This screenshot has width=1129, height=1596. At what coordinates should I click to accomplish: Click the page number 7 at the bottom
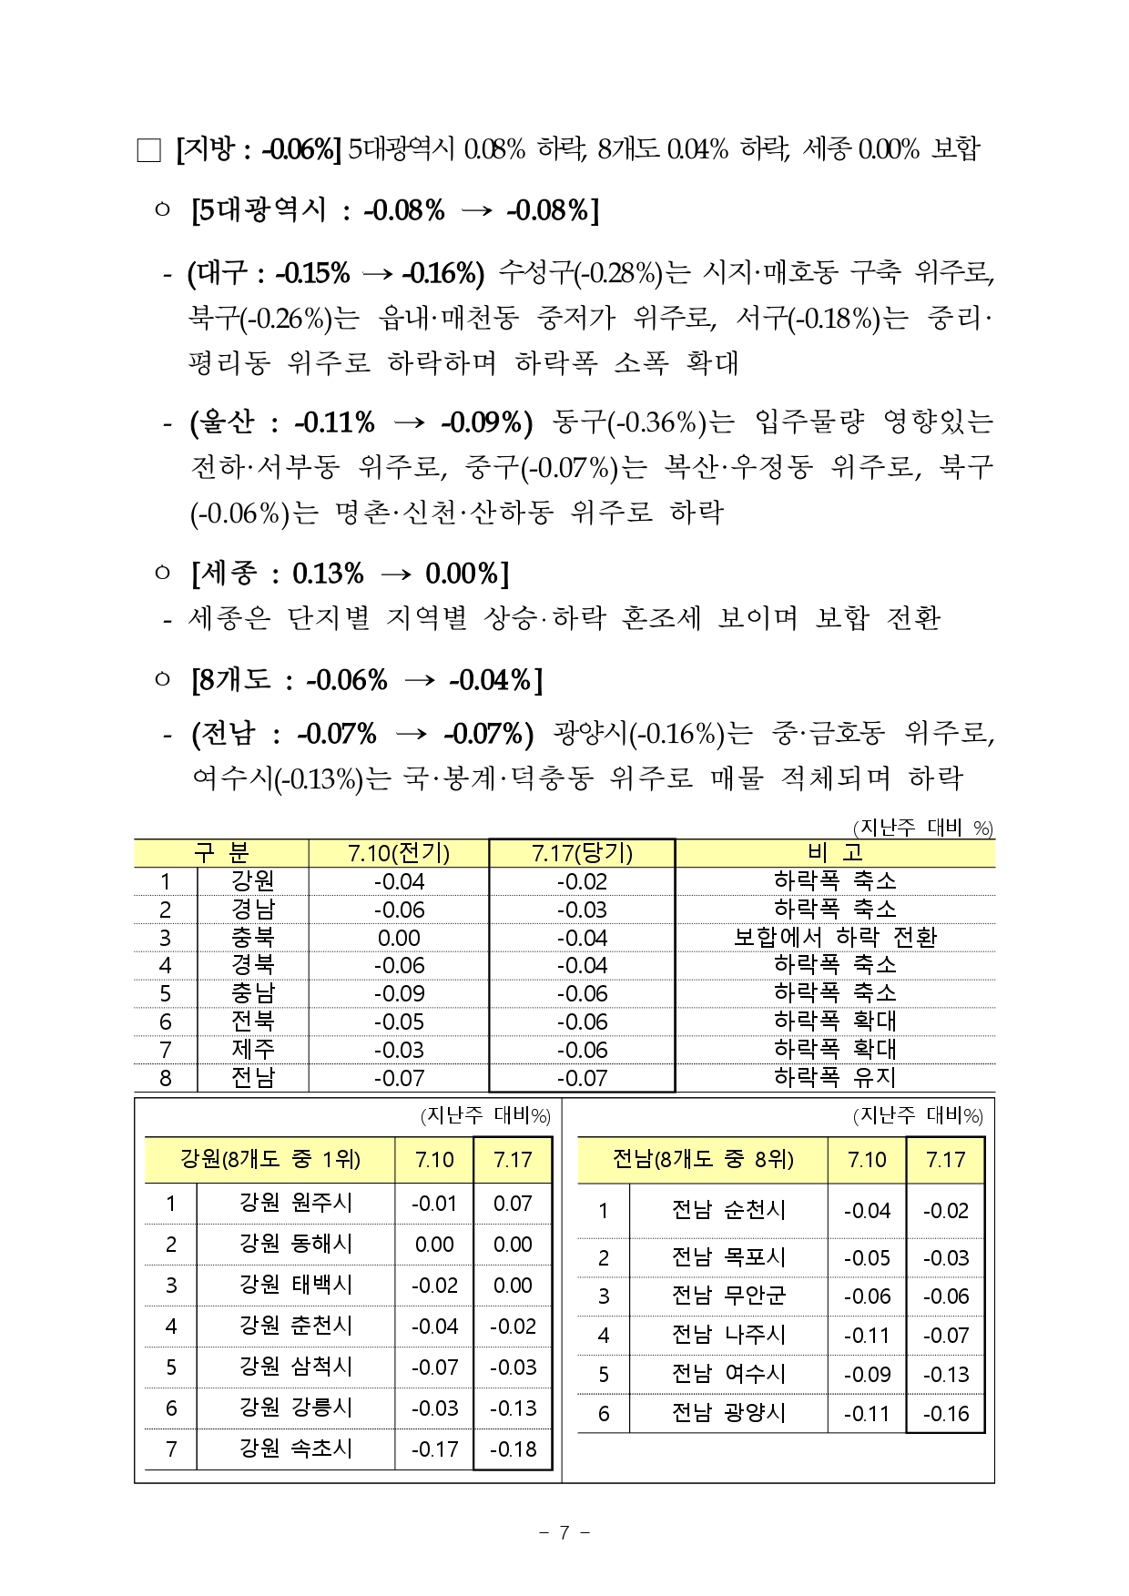564,1532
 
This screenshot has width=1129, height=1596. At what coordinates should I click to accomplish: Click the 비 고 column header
834,853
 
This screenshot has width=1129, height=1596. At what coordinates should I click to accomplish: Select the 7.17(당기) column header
582,853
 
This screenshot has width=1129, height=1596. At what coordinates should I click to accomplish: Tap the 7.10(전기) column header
399,853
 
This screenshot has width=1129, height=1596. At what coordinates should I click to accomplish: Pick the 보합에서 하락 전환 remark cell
834,937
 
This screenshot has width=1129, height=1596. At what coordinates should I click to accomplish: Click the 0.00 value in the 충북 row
399,938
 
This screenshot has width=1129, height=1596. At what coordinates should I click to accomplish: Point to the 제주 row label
252,1050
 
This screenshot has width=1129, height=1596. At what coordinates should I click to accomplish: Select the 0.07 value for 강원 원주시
513,1204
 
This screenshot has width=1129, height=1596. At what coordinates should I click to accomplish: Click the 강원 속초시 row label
295,1449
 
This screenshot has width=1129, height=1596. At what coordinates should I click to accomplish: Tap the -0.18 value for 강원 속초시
513,1449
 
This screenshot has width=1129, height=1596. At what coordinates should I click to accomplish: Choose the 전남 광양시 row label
727,1413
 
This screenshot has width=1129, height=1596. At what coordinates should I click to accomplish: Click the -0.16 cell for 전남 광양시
945,1414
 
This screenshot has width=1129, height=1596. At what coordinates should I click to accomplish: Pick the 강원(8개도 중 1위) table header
270,1159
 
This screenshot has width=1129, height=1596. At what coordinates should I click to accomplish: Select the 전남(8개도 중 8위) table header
702,1159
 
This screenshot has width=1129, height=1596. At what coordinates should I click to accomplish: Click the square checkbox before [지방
148,150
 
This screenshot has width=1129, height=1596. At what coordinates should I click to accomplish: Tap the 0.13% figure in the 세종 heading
328,574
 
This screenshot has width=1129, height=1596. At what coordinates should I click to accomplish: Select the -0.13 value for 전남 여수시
945,1375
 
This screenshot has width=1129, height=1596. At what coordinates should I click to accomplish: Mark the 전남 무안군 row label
727,1296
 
